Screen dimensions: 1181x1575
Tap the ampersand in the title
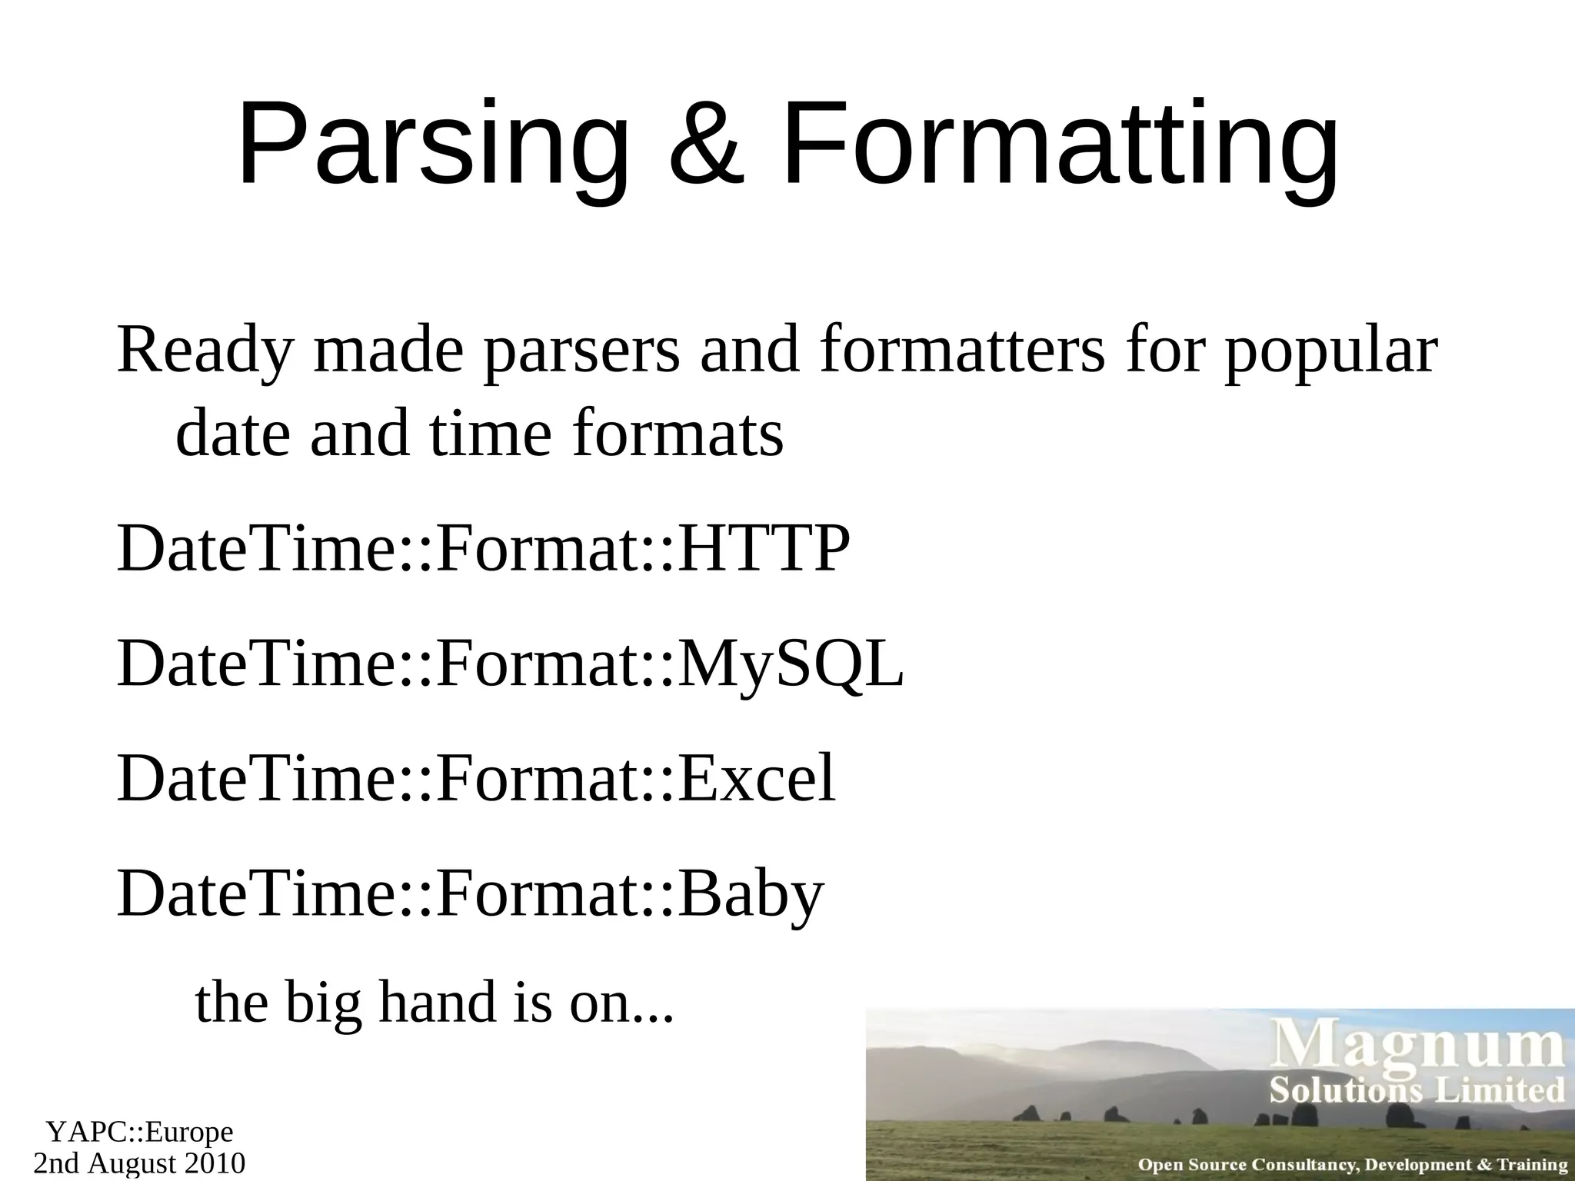[x=706, y=146]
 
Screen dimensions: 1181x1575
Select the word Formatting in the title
[x=1059, y=146]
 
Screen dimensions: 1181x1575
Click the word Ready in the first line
[x=205, y=352]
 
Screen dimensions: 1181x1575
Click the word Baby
[x=750, y=895]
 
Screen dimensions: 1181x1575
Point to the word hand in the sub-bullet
[x=438, y=1003]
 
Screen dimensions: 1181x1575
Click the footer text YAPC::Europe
[x=139, y=1133]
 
